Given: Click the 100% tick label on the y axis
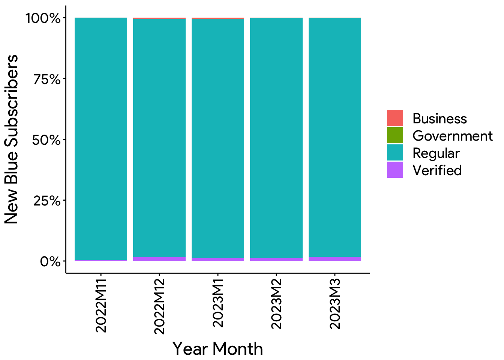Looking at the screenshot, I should tap(42, 18).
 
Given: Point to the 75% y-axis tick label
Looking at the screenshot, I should tap(46, 79).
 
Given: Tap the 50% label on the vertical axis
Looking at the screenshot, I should tap(46, 140).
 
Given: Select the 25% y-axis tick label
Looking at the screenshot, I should tap(46, 201).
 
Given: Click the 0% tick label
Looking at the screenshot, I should tap(50, 261).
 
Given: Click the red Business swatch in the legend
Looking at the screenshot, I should tap(395, 118).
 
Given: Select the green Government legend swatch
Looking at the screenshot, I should tap(395, 135).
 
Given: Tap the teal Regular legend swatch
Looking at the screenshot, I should tap(395, 153).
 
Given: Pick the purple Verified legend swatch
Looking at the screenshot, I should tap(395, 170).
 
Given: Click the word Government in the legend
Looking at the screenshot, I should tap(452, 136).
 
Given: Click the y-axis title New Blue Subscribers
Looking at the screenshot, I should tap(11, 139).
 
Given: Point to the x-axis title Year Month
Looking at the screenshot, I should tap(217, 349).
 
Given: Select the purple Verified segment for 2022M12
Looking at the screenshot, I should tap(159, 259).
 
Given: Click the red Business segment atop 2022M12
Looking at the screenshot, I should tap(159, 18).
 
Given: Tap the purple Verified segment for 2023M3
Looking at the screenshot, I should tap(335, 259).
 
